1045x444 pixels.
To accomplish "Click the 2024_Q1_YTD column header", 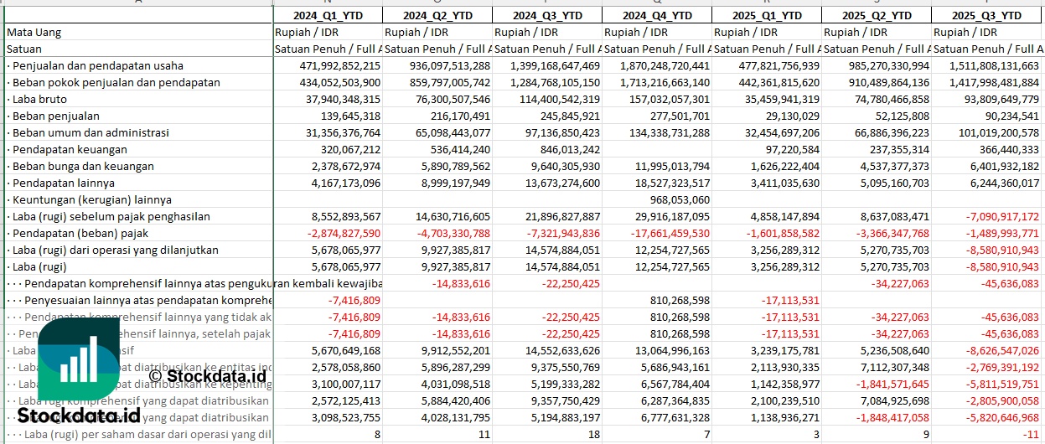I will (328, 15).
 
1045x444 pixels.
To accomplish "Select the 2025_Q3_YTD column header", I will (986, 15).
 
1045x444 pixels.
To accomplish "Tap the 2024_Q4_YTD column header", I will (657, 15).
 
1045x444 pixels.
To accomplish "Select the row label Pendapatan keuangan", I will (70, 149).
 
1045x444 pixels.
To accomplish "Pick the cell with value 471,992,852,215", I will (329, 65).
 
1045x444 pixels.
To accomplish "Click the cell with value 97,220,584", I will (787, 149).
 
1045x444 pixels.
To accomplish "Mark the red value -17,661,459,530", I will (657, 233).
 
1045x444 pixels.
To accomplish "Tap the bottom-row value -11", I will (1031, 434).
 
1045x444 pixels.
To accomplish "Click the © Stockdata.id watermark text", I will (207, 376).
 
